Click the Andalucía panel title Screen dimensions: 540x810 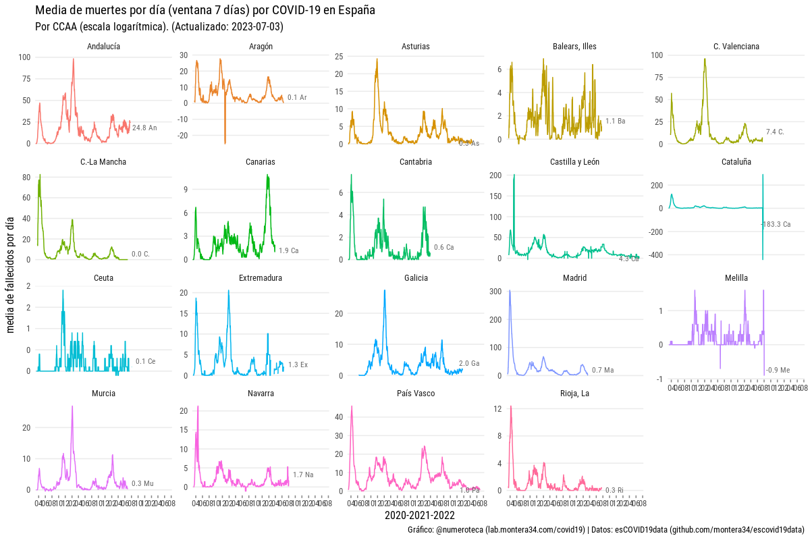104,47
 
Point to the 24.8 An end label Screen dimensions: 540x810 144,128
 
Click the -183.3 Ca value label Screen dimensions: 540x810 776,224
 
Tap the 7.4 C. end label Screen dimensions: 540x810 775,132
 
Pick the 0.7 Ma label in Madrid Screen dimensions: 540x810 603,371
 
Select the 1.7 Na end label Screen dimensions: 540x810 303,475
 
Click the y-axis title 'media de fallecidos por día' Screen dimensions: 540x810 11,275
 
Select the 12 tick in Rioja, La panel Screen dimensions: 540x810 497,409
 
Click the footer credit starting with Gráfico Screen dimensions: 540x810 605,530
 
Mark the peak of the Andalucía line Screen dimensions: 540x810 73,59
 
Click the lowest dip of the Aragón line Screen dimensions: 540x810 225,143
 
